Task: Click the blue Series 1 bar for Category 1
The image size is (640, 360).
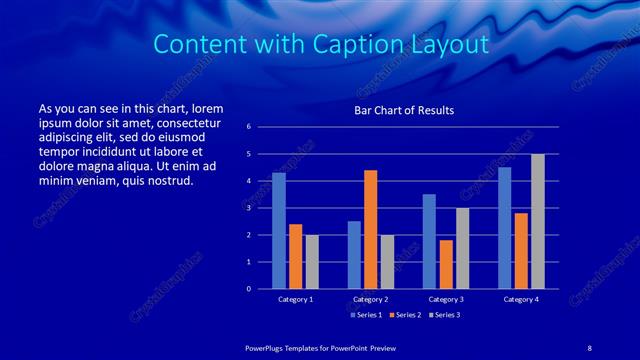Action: point(279,231)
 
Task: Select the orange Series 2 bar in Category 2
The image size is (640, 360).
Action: point(370,229)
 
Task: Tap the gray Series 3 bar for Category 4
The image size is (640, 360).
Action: point(537,221)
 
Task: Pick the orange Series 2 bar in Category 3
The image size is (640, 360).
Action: point(445,264)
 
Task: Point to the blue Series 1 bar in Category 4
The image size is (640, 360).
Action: point(504,228)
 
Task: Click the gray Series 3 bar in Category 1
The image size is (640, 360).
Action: point(312,262)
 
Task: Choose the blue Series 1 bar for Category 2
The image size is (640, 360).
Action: point(354,255)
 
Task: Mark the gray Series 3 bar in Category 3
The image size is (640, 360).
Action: point(462,248)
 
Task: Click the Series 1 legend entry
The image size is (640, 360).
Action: point(366,315)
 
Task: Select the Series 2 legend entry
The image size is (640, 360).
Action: point(405,315)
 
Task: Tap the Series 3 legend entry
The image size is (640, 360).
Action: point(444,315)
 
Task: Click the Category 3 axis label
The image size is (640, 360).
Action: point(445,299)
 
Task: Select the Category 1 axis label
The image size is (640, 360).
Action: point(295,299)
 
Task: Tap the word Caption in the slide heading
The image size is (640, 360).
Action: point(386,45)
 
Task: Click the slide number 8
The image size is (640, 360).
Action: point(590,347)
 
